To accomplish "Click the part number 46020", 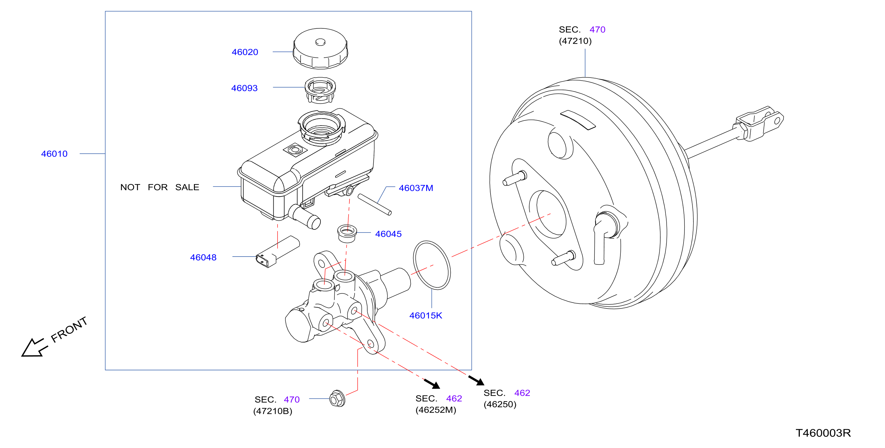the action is (x=245, y=52).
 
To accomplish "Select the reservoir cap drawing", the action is (x=320, y=48).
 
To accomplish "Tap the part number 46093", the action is (x=244, y=88).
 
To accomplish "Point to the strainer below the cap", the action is (x=320, y=90).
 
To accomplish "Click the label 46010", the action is (x=54, y=154).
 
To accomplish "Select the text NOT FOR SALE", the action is (x=160, y=187).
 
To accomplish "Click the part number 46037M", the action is (x=416, y=188).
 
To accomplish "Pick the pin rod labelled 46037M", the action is (x=375, y=205).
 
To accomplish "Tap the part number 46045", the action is (x=388, y=234).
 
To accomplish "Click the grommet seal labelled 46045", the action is (x=347, y=233).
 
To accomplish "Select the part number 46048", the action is (x=203, y=258).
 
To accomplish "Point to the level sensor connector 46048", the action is (x=278, y=252).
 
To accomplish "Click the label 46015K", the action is (x=426, y=315).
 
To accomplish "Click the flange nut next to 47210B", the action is (x=337, y=398).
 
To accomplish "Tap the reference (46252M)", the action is (x=436, y=410).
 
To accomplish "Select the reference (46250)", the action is (x=500, y=405).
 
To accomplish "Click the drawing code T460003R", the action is (x=823, y=433).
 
